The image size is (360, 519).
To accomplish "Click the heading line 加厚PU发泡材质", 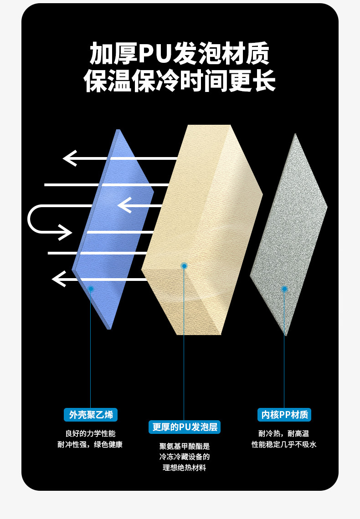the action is coord(180,54).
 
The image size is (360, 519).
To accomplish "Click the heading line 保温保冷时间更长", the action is coord(180,81).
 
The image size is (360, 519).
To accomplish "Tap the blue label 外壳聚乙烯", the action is coord(91,415).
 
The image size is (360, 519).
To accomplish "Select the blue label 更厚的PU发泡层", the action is coord(185,427).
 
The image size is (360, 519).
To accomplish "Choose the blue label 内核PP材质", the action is coord(284,415).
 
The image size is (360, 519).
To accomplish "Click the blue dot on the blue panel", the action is coord(91,289).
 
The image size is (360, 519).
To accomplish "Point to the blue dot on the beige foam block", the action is coord(184,266).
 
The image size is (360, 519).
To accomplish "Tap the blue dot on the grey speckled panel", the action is coord(284,289).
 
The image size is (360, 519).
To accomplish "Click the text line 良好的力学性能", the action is coord(91,433).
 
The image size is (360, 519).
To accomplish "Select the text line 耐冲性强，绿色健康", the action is coord(90,445).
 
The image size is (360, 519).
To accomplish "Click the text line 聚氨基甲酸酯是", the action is coord(185,447).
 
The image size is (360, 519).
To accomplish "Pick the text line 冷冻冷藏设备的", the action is coord(185,457).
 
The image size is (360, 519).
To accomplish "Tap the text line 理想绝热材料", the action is coord(185,468).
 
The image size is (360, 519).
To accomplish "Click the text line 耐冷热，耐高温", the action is coord(284,433).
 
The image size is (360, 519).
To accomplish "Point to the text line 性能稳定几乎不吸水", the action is coord(284,445).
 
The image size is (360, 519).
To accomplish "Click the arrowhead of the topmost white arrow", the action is coord(70,158).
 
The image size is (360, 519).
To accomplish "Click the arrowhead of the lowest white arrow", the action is coord(59,279).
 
